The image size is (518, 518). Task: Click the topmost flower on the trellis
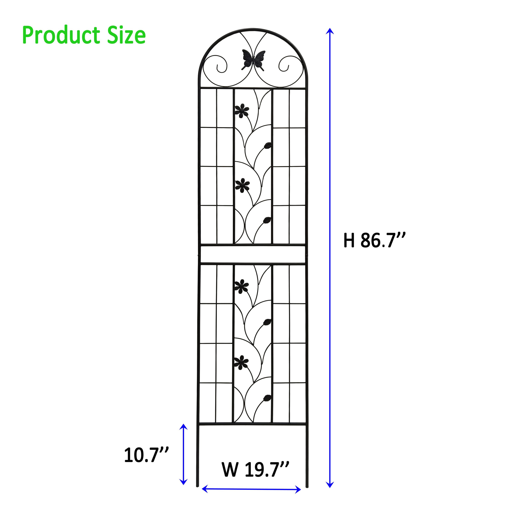pos(242,110)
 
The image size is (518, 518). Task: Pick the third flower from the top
pos(241,286)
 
